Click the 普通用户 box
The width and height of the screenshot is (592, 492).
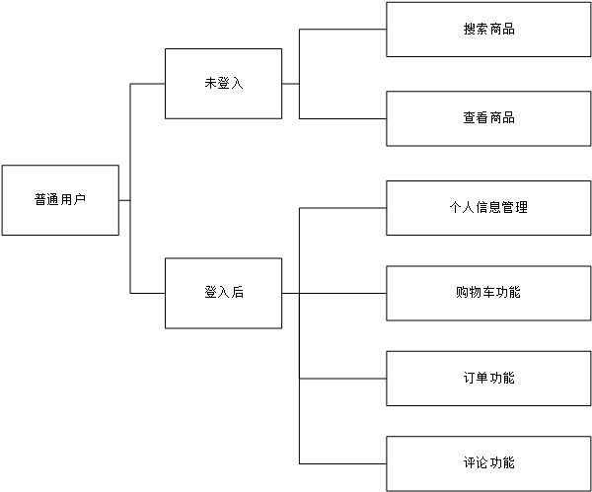point(60,200)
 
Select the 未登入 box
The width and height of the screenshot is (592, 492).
point(223,84)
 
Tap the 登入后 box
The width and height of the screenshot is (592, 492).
point(223,293)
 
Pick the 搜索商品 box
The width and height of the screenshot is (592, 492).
point(488,30)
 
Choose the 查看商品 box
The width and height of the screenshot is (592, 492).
point(488,118)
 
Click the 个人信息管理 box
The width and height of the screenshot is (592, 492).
point(488,208)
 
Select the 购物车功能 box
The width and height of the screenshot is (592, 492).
point(488,293)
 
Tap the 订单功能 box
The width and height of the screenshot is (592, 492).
point(488,379)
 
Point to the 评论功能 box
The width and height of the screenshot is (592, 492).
point(488,463)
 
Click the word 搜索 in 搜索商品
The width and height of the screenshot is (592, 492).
point(476,30)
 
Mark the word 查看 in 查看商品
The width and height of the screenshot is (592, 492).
point(476,118)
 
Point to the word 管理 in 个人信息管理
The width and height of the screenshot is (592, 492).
point(515,208)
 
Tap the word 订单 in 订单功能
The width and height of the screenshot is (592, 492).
point(476,379)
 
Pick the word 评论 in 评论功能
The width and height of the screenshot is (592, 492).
point(476,463)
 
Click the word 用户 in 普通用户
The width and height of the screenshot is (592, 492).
point(73,200)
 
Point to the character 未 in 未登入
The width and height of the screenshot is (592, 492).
point(210,84)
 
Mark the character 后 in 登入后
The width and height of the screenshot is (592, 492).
point(237,293)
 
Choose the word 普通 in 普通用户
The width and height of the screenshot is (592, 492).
point(47,200)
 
